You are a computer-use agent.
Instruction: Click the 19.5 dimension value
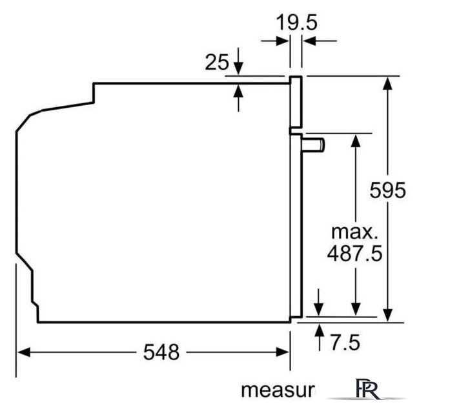pos(296,23)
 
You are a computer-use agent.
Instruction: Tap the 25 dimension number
pos(217,63)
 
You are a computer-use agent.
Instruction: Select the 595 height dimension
pos(387,190)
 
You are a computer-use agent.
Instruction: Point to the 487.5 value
pos(355,253)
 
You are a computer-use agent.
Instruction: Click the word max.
pos(354,232)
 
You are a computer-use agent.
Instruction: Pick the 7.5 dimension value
pos(345,343)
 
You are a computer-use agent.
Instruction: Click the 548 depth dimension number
pos(161,352)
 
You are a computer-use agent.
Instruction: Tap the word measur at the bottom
pos(278,390)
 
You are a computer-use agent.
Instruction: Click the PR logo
pos(367,388)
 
